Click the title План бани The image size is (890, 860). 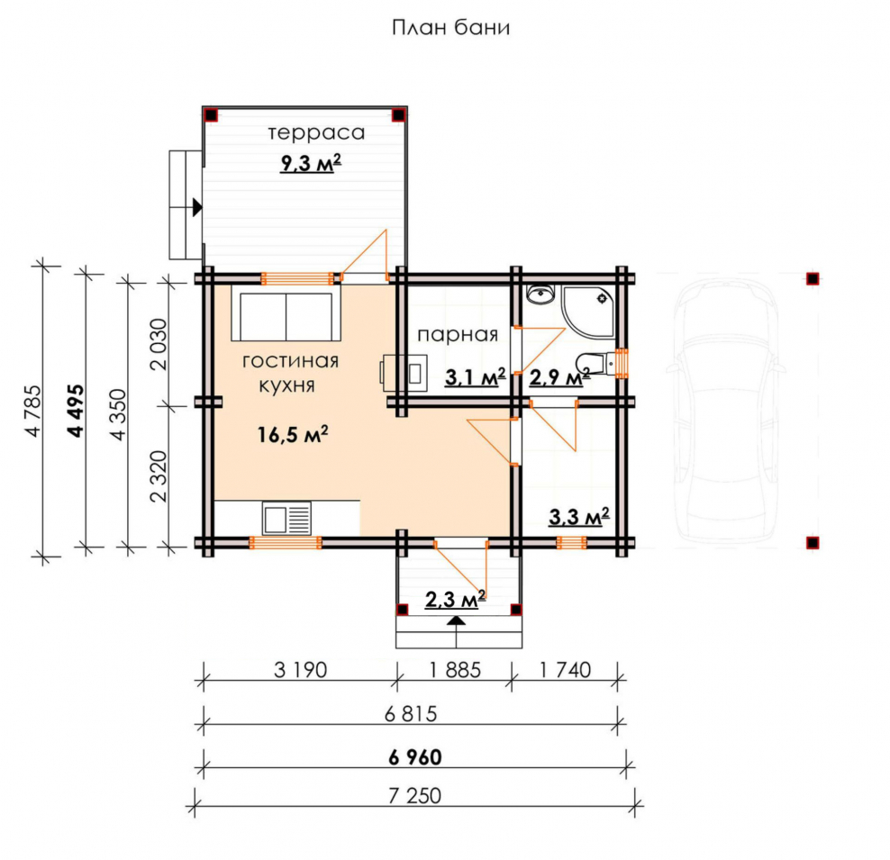click(450, 28)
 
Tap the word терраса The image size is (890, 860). click(316, 133)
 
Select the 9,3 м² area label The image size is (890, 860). click(311, 163)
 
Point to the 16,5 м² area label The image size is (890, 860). click(293, 434)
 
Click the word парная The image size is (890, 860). click(458, 335)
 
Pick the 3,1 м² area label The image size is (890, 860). click(475, 376)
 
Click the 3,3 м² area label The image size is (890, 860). click(579, 516)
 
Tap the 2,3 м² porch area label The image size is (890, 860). click(455, 599)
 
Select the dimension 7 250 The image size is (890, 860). click(415, 796)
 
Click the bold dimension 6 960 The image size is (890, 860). click(415, 757)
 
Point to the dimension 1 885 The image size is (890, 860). click(455, 670)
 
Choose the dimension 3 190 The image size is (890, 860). click(300, 670)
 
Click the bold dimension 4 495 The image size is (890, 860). click(76, 411)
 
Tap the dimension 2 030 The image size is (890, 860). click(159, 344)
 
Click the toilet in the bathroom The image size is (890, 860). click(596, 361)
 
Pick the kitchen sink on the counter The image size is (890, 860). click(286, 519)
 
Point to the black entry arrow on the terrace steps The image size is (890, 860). click(197, 208)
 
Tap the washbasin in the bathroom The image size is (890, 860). click(540, 295)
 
